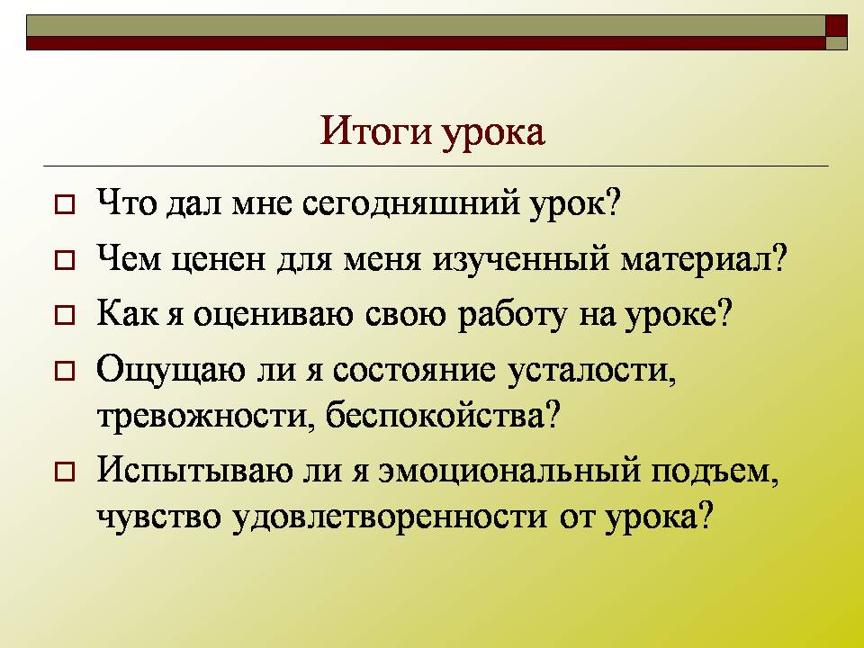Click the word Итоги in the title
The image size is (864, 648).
[x=375, y=131]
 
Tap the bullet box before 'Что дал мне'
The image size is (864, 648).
[x=65, y=204]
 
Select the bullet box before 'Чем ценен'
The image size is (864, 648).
[x=65, y=260]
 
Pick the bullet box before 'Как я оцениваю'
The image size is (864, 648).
[x=65, y=316]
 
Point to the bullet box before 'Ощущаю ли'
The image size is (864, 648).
[x=65, y=372]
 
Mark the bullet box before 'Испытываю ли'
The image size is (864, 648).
[x=65, y=472]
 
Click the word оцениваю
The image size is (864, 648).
[x=274, y=316]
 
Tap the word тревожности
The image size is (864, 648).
[x=202, y=417]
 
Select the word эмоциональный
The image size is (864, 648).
[x=509, y=472]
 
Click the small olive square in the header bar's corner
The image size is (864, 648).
[x=836, y=43]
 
